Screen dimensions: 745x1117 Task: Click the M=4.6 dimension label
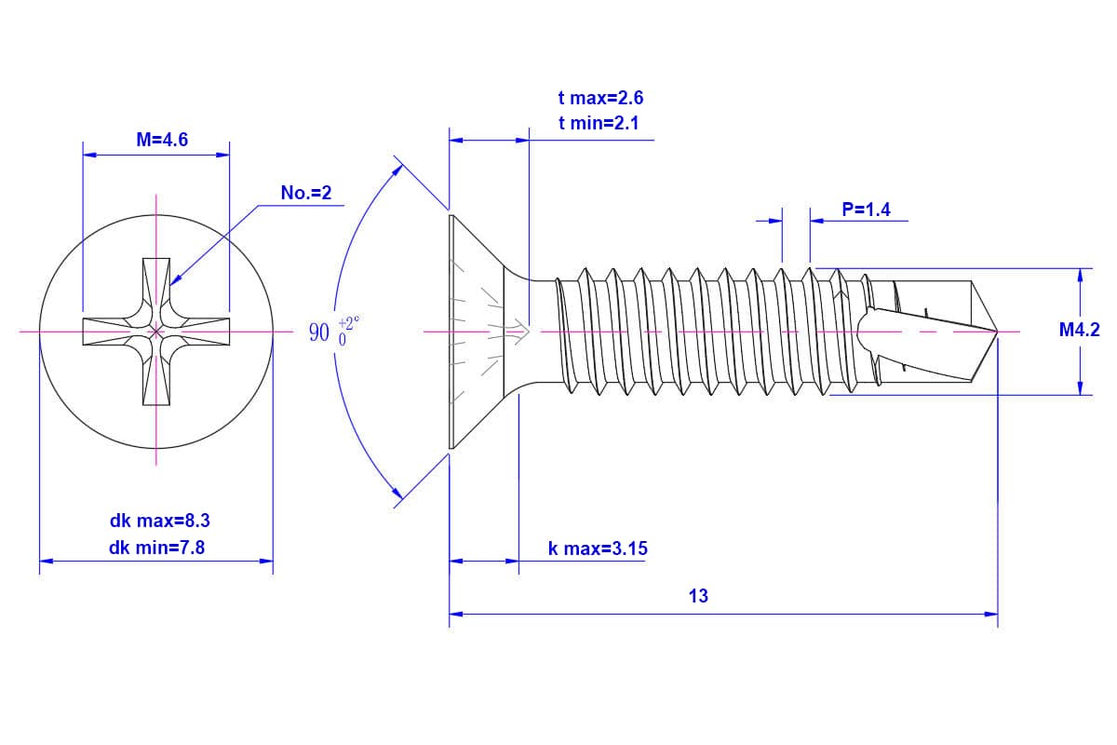click(162, 141)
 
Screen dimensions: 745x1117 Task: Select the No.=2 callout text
click(306, 193)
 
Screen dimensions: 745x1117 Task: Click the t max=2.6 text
click(600, 98)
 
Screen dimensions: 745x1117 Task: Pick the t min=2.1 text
click(599, 122)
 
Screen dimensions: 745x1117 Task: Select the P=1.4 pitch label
click(866, 210)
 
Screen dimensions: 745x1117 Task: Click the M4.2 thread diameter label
click(1080, 329)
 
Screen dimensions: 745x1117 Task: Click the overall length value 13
click(698, 596)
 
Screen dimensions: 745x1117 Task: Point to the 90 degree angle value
click(319, 332)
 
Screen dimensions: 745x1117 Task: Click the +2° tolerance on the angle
click(349, 322)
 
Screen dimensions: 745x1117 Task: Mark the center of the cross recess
click(156, 332)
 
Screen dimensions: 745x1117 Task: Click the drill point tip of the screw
click(996, 332)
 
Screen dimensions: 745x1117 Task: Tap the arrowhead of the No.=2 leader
click(174, 279)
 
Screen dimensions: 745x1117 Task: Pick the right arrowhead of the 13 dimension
click(991, 614)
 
